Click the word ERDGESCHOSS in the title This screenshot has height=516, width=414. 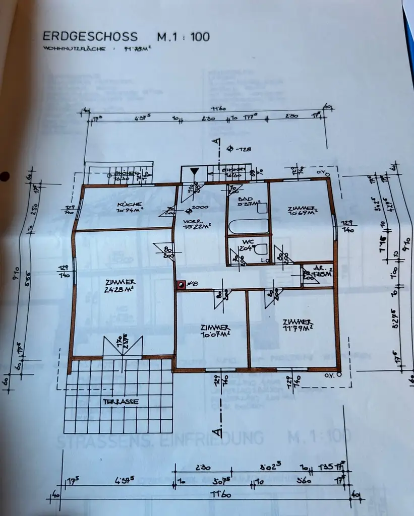point(90,37)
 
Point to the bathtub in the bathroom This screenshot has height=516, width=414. point(248,226)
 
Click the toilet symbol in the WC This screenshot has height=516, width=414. point(260,249)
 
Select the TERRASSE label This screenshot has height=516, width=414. point(121,402)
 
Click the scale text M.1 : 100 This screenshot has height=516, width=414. point(183,37)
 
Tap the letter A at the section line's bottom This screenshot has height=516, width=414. point(217,432)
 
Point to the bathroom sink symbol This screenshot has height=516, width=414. point(262,208)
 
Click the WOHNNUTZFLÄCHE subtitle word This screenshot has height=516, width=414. point(74,49)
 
